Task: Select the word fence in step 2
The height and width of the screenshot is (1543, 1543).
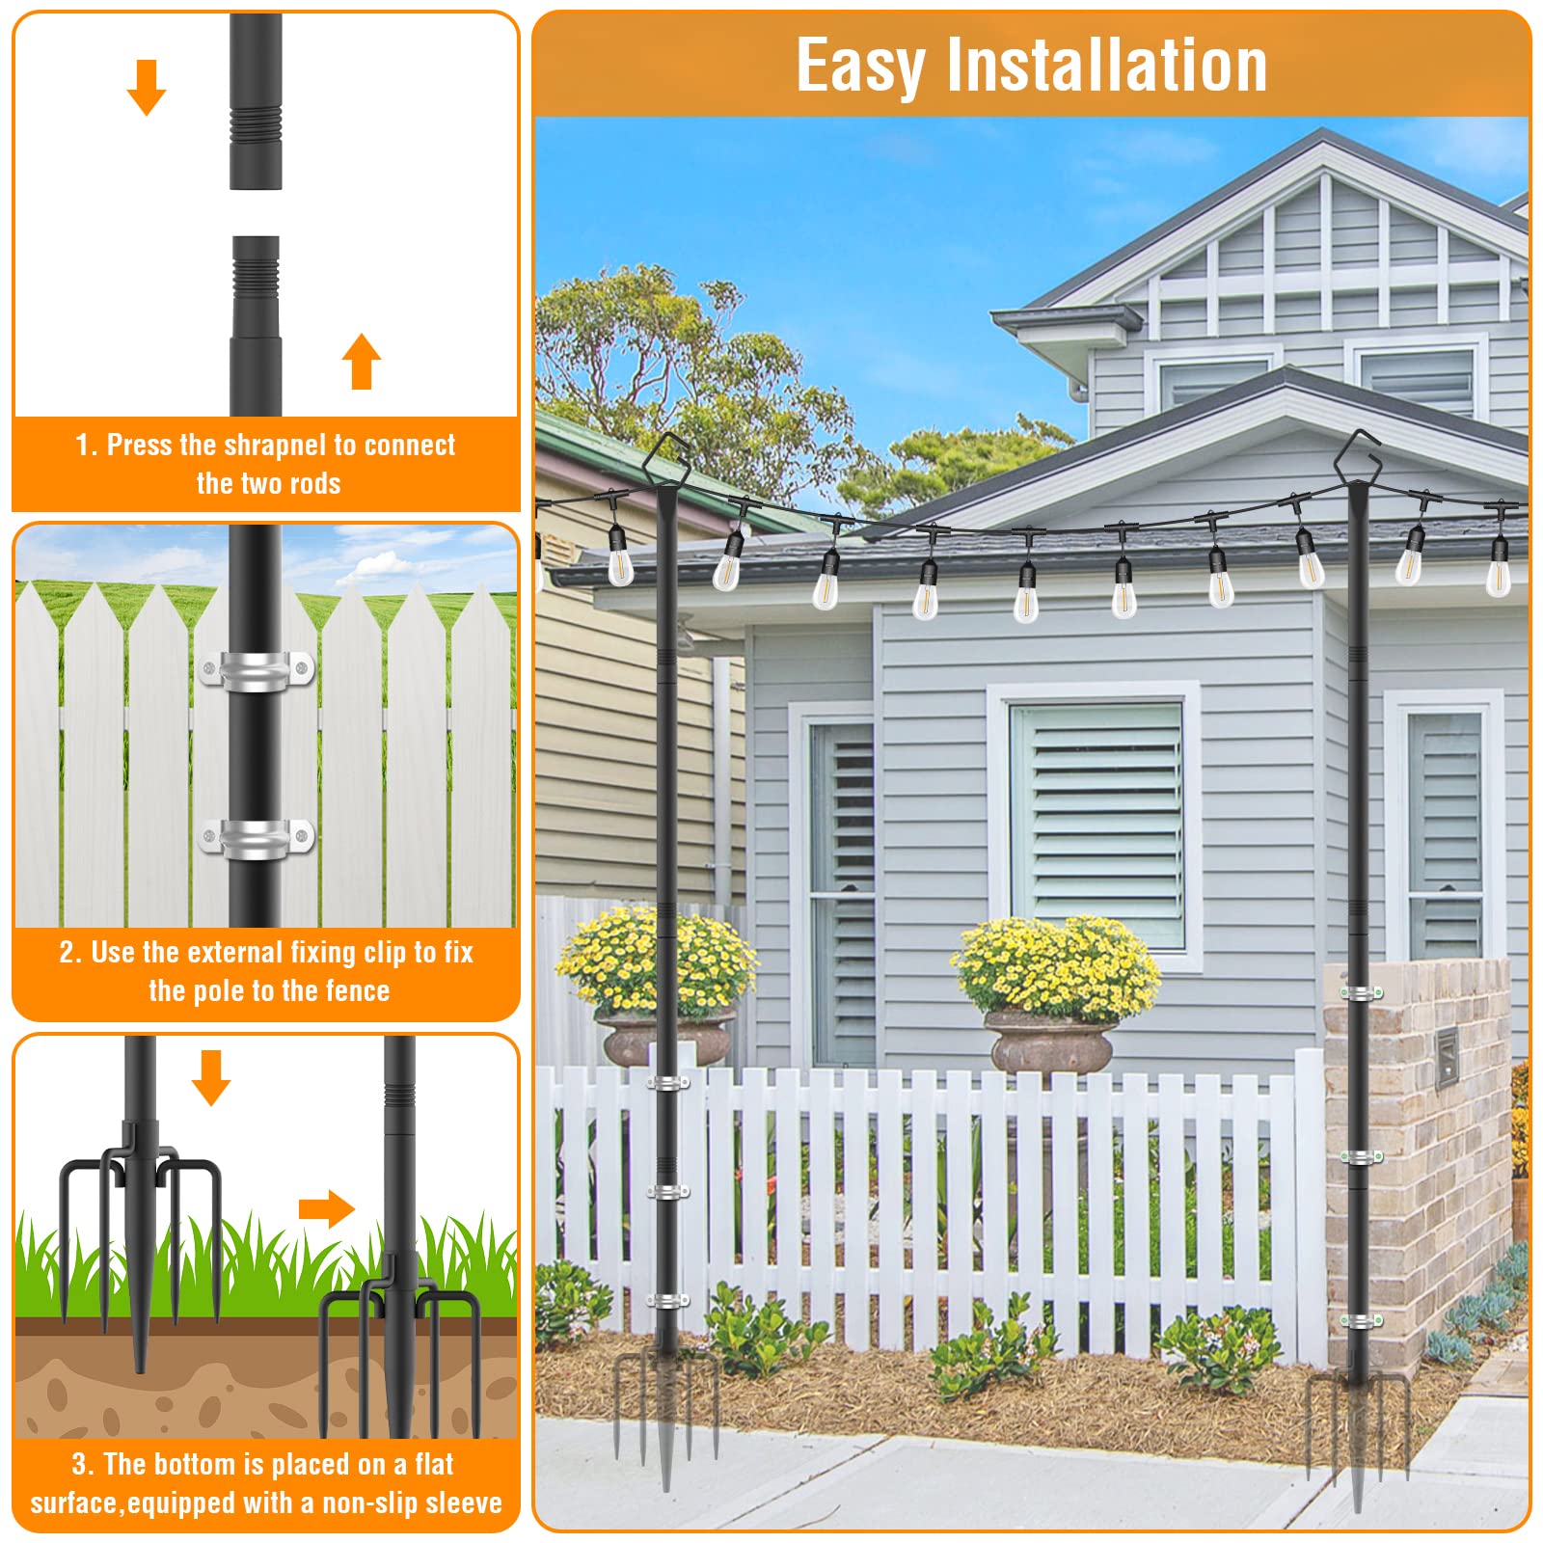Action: pos(357,990)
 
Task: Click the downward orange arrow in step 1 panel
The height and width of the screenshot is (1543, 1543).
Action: pos(147,88)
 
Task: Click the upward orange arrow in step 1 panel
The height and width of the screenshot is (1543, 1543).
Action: pos(362,362)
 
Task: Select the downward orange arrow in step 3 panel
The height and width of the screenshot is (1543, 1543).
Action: pos(211,1078)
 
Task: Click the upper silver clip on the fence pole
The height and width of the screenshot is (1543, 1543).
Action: pos(257,670)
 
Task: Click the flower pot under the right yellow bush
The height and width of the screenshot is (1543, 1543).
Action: pos(1052,1043)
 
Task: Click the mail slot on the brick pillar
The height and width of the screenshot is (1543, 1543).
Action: pos(1446,1059)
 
